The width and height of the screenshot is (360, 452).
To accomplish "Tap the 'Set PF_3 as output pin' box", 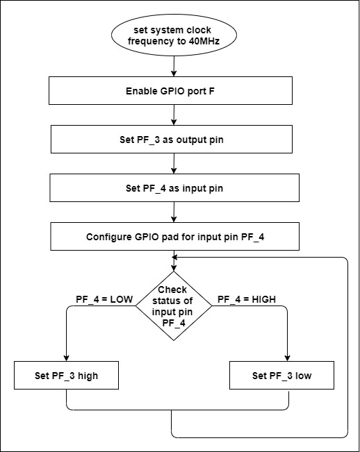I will point(173,139).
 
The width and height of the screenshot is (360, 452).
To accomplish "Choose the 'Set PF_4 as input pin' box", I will point(173,186).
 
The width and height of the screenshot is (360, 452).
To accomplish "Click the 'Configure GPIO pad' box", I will point(173,236).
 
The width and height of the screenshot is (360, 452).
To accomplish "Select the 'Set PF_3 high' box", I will point(67,377).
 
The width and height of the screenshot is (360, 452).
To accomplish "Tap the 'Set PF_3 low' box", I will point(281,377).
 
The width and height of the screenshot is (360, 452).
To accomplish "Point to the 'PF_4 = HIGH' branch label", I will point(247,299).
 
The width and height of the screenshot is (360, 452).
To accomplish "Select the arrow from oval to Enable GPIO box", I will point(173,66).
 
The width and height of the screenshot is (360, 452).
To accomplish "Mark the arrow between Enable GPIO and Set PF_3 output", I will point(173,115).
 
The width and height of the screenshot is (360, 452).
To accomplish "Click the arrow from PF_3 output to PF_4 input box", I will point(173,162).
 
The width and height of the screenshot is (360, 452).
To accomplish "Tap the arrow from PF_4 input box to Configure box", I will point(173,211).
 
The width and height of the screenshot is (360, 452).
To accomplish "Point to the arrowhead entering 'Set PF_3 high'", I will point(67,358).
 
